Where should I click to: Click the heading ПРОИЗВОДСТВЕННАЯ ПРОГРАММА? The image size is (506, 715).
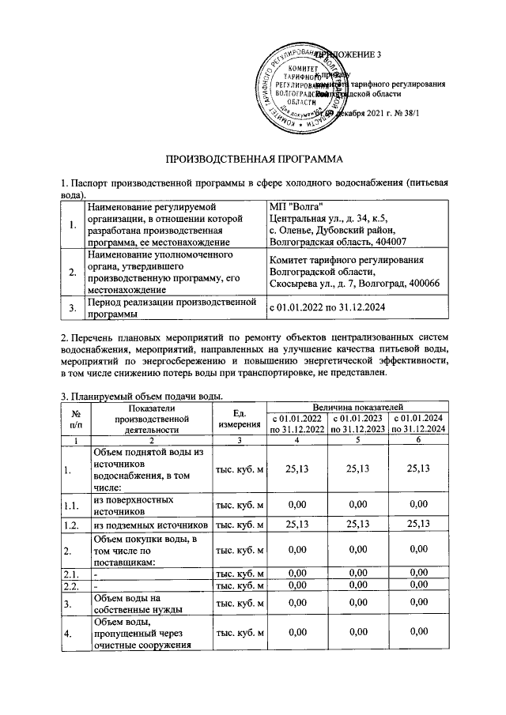tap(253, 159)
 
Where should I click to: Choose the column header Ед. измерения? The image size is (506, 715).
tap(240, 418)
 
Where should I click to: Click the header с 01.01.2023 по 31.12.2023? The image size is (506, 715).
tap(358, 423)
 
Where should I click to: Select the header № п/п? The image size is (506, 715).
tap(77, 418)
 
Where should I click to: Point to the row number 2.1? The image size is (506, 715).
tap(71, 574)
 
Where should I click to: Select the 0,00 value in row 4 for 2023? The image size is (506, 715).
tap(358, 630)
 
